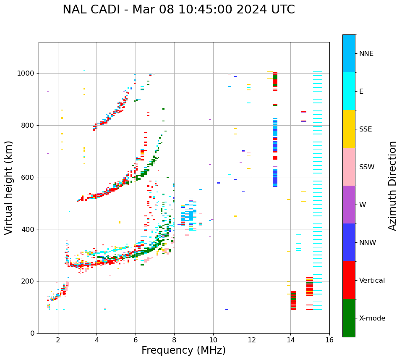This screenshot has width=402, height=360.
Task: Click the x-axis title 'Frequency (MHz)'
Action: [x=183, y=350]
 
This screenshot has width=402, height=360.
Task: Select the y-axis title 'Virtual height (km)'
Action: [x=9, y=188]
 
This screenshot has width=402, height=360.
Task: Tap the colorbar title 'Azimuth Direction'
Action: [x=392, y=186]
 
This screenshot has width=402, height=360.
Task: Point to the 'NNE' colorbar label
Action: [x=366, y=54]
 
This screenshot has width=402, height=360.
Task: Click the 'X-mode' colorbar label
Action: [x=372, y=318]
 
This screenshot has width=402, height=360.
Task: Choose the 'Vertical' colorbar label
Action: [x=372, y=281]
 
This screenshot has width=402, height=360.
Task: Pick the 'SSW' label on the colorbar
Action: [x=367, y=167]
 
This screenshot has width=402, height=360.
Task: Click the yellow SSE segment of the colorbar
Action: [x=349, y=129]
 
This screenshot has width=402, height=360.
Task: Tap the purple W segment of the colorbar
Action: [x=349, y=205]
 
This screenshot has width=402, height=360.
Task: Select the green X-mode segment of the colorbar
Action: [x=349, y=318]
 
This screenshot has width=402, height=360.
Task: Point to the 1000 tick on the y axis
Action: [x=26, y=73]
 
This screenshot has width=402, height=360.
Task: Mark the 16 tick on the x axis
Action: [x=329, y=339]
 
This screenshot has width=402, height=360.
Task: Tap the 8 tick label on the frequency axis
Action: [x=174, y=339]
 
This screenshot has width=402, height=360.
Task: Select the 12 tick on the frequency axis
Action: [x=252, y=339]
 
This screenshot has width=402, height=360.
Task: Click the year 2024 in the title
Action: [x=253, y=10]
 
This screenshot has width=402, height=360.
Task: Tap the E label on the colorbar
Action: [x=361, y=92]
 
